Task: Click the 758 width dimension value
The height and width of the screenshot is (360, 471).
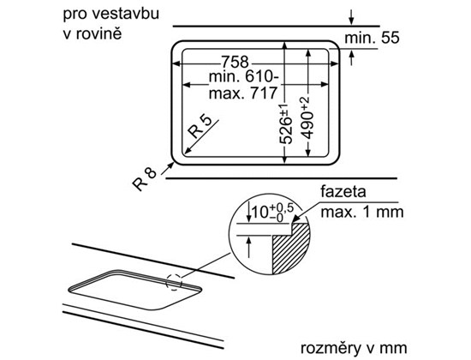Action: tap(235, 62)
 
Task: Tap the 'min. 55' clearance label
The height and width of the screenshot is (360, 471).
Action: tap(372, 38)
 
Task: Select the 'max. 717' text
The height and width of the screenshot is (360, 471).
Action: tap(242, 93)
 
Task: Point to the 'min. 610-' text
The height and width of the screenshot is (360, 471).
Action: tap(243, 77)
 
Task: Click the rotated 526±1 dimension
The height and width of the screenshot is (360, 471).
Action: tap(285, 124)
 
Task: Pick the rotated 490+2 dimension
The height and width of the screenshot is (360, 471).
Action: tap(307, 118)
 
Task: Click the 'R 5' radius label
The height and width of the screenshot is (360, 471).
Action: tap(200, 127)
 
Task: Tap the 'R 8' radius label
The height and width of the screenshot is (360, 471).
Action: tap(145, 179)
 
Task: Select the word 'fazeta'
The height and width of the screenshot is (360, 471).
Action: tap(343, 192)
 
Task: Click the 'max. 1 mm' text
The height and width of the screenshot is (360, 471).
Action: tap(362, 212)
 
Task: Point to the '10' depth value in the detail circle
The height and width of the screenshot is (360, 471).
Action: tap(260, 213)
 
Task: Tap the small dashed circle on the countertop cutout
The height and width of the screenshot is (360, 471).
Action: tap(174, 282)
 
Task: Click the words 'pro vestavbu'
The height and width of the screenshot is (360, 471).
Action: tap(110, 15)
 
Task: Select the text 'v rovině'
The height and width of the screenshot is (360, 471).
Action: tap(92, 33)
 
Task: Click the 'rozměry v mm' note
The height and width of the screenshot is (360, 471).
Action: tap(354, 348)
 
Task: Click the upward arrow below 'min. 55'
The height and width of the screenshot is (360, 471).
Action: tap(351, 57)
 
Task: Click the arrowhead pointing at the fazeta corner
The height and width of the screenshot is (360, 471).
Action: tap(295, 219)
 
